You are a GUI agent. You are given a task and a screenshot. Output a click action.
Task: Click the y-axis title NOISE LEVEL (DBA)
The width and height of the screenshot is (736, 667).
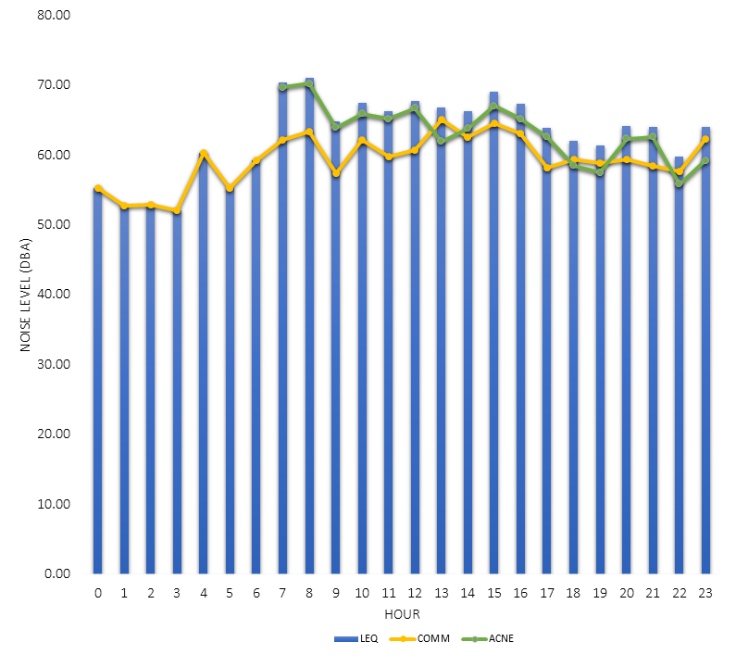pos(25,294)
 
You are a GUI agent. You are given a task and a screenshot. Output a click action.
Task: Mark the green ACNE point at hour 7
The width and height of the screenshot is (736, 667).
pos(282,87)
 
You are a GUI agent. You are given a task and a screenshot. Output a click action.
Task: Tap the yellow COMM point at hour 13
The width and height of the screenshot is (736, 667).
pos(441,120)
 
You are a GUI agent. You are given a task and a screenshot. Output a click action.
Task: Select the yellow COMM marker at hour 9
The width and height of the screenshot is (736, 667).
pos(335,173)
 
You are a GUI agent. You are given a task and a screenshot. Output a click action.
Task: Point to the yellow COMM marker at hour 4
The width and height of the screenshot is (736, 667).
pos(204,154)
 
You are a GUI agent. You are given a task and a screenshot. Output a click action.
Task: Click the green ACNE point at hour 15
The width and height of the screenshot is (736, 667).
pos(493,106)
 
